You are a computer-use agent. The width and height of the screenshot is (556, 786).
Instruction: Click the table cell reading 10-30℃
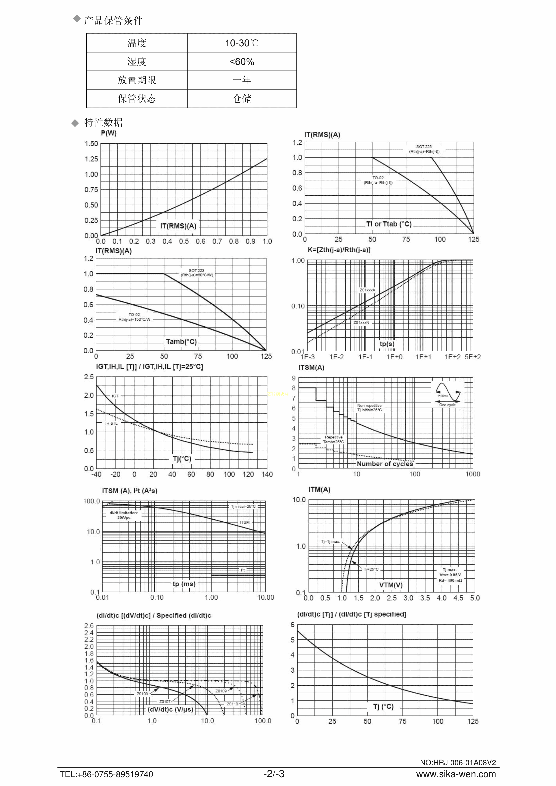pyautogui.click(x=242, y=43)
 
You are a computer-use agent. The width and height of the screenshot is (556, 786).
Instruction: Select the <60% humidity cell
pyautogui.click(x=242, y=62)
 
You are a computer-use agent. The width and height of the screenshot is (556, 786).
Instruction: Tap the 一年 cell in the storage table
pyautogui.click(x=242, y=80)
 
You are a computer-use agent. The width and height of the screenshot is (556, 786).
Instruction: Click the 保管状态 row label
pyautogui.click(x=137, y=99)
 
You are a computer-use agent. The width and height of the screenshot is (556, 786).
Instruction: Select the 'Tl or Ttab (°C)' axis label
pyautogui.click(x=389, y=224)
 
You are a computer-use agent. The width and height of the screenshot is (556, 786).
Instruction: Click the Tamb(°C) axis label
pyautogui.click(x=181, y=342)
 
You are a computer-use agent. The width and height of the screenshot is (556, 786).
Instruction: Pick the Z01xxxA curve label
pyautogui.click(x=367, y=290)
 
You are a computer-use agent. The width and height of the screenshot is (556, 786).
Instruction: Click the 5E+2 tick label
pyautogui.click(x=472, y=357)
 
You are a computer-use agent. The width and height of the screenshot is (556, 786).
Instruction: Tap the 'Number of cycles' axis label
pyautogui.click(x=385, y=464)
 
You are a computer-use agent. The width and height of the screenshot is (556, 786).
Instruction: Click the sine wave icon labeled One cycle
pyautogui.click(x=448, y=393)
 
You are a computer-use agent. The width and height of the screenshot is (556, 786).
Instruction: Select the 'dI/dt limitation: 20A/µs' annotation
pyautogui.click(x=124, y=515)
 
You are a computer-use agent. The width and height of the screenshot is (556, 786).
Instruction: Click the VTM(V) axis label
pyautogui.click(x=391, y=585)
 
